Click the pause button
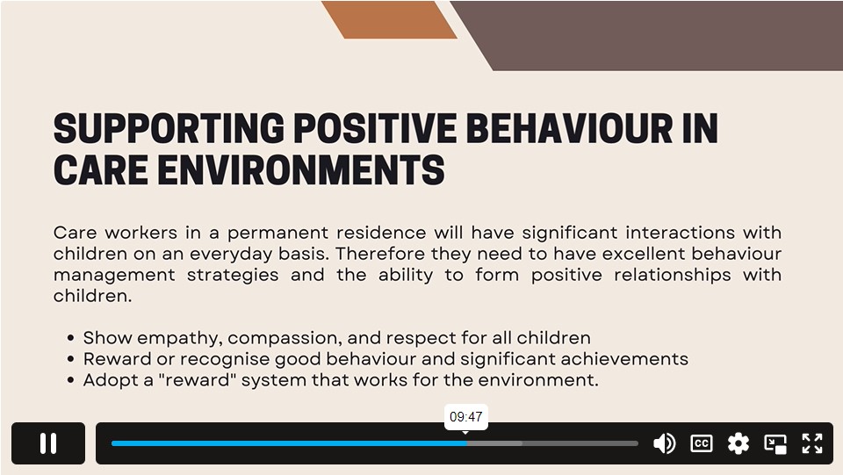pyautogui.click(x=47, y=443)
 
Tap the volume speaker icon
pyautogui.click(x=665, y=443)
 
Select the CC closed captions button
pyautogui.click(x=701, y=443)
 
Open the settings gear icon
pyautogui.click(x=739, y=443)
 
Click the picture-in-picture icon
pyautogui.click(x=775, y=444)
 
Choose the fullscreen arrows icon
pyautogui.click(x=812, y=443)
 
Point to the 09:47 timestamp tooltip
pyautogui.click(x=466, y=417)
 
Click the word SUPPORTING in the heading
pyautogui.click(x=169, y=128)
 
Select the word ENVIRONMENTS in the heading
pyautogui.click(x=301, y=169)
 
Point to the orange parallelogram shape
pyautogui.click(x=389, y=19)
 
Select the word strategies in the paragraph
pyautogui.click(x=233, y=275)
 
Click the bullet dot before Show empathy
pyautogui.click(x=70, y=338)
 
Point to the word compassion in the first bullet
pyautogui.click(x=285, y=338)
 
